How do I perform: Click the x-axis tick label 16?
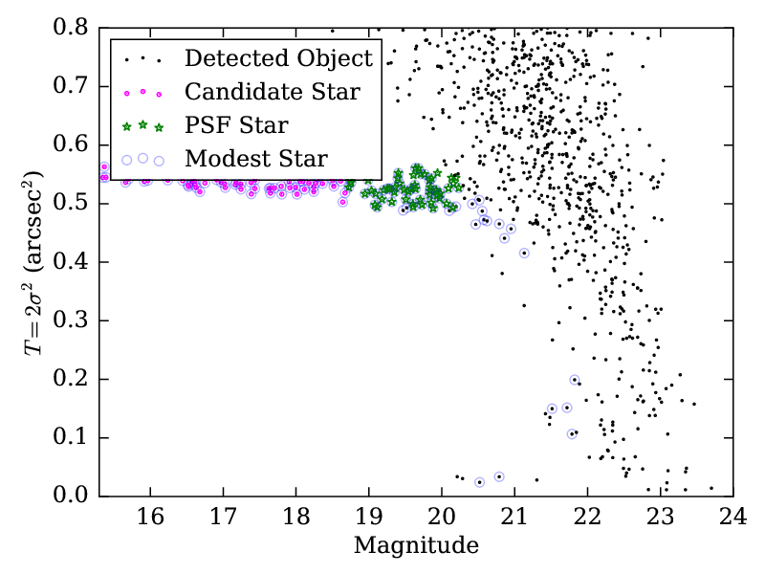(x=150, y=518)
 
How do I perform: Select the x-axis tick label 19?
(x=368, y=518)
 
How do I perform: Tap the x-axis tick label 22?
(x=587, y=518)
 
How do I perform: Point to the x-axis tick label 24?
(x=732, y=518)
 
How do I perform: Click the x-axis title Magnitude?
(x=416, y=546)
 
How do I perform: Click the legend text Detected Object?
(x=278, y=58)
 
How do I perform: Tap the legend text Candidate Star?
(x=273, y=92)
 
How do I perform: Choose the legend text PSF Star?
(x=237, y=124)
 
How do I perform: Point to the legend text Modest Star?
(x=256, y=158)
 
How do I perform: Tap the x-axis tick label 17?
(x=223, y=518)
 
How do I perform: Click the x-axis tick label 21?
(x=514, y=518)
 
